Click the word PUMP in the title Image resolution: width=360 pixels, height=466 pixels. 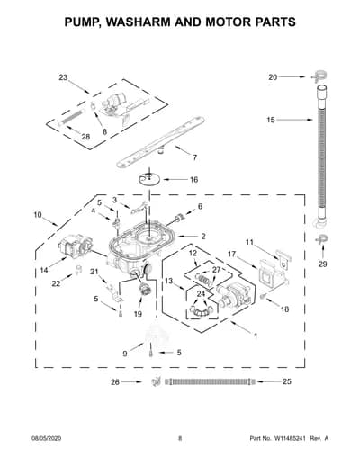click(81, 22)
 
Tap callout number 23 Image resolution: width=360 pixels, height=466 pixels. click(63, 77)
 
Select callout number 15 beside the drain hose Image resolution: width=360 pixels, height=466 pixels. click(271, 120)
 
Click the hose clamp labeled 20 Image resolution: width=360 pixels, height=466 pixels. click(319, 76)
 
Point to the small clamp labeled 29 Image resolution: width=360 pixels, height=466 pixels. click(322, 239)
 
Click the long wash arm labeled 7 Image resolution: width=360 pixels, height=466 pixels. click(161, 142)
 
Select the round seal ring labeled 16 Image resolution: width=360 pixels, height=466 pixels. click(149, 180)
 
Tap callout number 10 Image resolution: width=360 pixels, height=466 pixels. click(38, 215)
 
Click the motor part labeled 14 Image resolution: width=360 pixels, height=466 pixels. click(76, 246)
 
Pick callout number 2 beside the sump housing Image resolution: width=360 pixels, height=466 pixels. click(203, 237)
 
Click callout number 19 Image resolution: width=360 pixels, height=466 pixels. click(138, 314)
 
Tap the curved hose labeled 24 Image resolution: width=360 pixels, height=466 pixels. click(201, 310)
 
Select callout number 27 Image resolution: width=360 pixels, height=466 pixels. click(216, 270)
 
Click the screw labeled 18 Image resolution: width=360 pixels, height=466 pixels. click(263, 296)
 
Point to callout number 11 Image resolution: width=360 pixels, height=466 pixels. click(249, 242)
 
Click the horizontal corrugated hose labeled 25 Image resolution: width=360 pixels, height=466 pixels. click(210, 381)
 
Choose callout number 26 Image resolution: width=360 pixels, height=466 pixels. click(115, 382)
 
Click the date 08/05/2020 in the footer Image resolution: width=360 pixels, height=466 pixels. click(47, 438)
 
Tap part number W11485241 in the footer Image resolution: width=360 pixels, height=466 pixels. click(289, 438)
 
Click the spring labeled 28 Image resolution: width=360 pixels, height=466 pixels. click(71, 118)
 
